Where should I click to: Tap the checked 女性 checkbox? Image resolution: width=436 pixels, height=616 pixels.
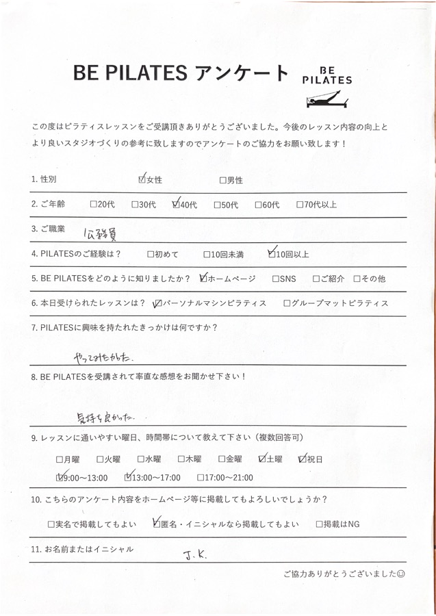[x=142, y=180]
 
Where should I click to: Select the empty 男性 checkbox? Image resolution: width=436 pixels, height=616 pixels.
[x=222, y=181]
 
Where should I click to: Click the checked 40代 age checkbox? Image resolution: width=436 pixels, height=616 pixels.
[x=176, y=204]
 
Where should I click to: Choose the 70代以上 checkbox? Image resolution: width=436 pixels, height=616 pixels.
[x=300, y=204]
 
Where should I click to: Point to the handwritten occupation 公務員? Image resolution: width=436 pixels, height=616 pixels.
[x=98, y=233]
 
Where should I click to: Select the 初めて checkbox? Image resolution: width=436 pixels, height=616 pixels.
[x=151, y=255]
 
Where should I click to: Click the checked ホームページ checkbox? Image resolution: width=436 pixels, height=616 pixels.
[x=202, y=279]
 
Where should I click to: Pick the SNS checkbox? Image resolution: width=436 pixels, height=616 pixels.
[x=275, y=279]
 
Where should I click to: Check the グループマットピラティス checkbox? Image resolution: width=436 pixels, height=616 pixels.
[x=285, y=303]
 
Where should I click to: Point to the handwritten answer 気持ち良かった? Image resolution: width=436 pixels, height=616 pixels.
[x=107, y=415]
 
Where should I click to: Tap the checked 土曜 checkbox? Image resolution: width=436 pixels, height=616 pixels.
[x=262, y=459]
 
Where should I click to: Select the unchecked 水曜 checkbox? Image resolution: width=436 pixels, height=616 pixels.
[x=140, y=459]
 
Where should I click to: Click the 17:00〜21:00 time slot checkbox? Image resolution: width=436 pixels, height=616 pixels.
[x=200, y=478]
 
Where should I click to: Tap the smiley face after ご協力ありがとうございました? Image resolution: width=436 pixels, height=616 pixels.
[x=402, y=574]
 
